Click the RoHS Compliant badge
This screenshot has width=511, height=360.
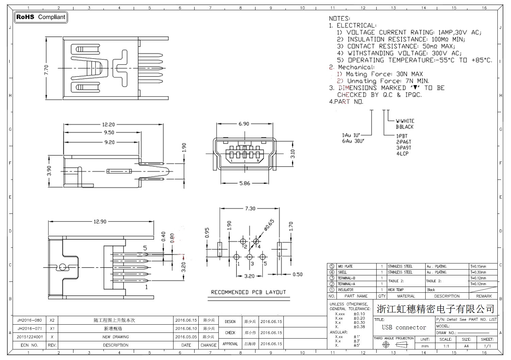(41, 17)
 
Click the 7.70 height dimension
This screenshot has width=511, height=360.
(47, 69)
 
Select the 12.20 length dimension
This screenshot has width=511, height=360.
(109, 125)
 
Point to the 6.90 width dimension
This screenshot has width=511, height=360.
(244, 124)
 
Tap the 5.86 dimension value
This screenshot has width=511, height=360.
(244, 184)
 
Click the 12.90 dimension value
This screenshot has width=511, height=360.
(100, 222)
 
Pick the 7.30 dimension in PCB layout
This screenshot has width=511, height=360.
(250, 209)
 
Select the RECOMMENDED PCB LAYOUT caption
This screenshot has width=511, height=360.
(248, 292)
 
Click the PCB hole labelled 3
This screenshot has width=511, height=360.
(250, 257)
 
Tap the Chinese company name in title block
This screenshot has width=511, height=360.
(435, 309)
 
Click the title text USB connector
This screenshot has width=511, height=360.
(404, 328)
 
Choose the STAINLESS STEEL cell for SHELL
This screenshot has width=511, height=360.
(400, 272)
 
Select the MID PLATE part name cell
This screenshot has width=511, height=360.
(345, 267)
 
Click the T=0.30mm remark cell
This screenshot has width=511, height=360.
(478, 272)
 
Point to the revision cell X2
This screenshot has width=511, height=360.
(52, 320)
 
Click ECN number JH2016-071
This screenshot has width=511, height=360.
(30, 329)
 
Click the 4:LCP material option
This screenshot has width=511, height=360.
(402, 154)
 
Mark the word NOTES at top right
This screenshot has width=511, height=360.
(339, 18)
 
